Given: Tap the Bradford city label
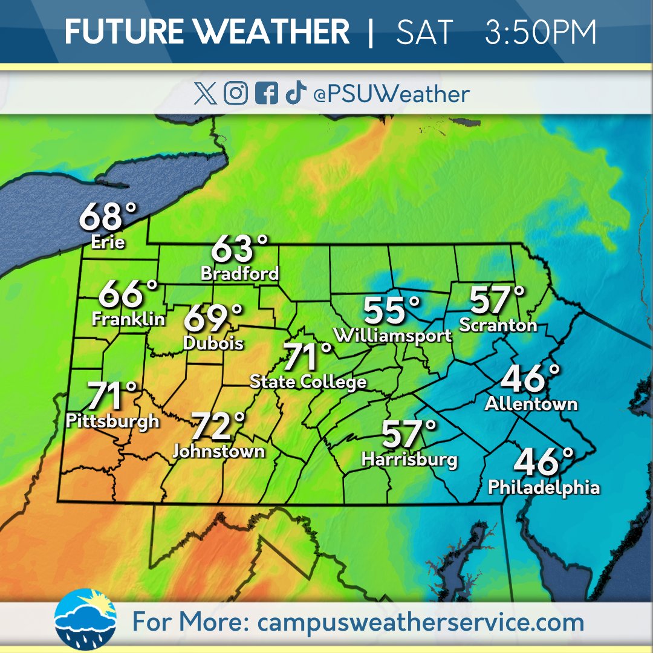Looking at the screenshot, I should (x=240, y=273).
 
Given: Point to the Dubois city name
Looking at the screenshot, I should (x=213, y=343).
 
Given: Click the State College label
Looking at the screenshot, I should (x=308, y=382).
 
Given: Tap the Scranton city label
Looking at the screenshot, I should (x=498, y=325).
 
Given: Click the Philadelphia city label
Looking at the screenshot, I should (x=544, y=487).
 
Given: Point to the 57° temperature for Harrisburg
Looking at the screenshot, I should (x=408, y=434).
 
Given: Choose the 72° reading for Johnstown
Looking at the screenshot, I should (x=218, y=426).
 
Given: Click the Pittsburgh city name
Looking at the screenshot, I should (x=113, y=421).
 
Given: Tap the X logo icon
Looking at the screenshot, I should (x=206, y=94).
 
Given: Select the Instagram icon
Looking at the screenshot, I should (x=236, y=94).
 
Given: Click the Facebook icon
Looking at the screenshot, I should (x=266, y=94).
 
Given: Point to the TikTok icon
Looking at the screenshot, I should (x=296, y=94).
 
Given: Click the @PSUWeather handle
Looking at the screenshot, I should (x=391, y=94).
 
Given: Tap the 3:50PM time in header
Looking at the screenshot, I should (x=541, y=31).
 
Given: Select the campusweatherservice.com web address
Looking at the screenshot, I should (x=421, y=622).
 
